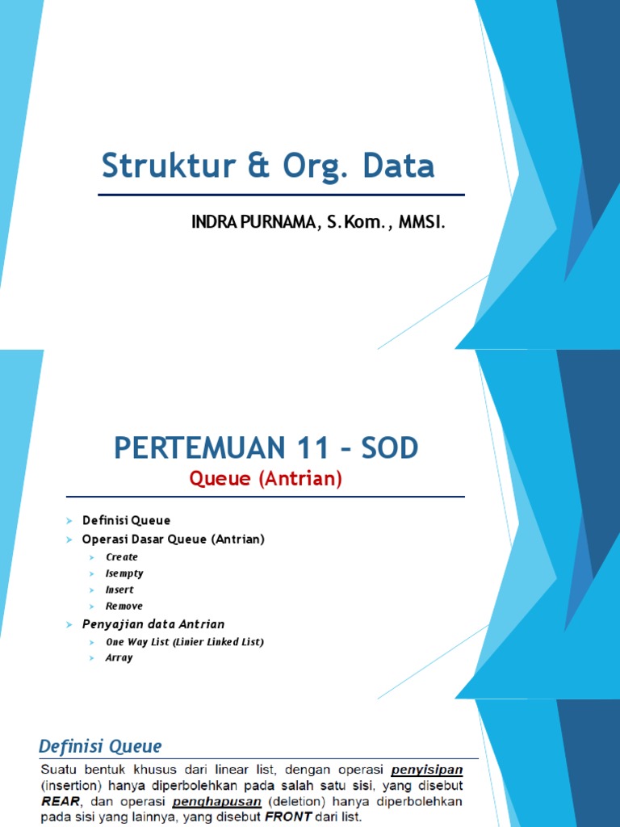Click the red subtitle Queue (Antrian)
(266, 479)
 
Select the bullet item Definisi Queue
(126, 521)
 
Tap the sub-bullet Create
(122, 557)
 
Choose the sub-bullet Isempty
(124, 573)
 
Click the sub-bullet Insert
(119, 590)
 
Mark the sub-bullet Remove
(124, 606)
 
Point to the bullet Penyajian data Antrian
(153, 624)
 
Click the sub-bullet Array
(119, 658)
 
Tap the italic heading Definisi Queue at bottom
(101, 746)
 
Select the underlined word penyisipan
(429, 770)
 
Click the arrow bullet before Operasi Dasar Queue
(69, 539)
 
